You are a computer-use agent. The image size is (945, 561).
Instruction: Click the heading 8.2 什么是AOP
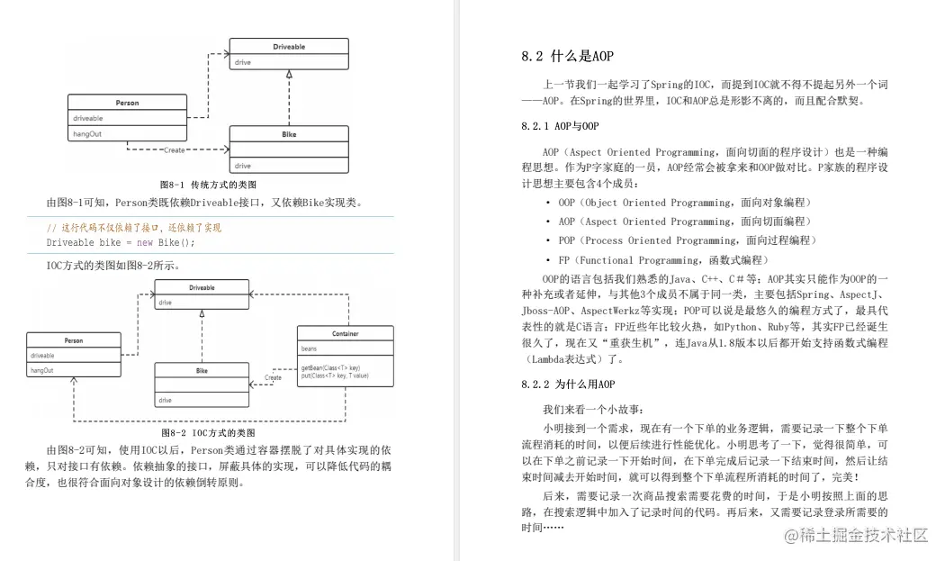pyautogui.click(x=567, y=57)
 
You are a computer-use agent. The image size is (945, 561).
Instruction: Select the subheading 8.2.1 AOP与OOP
pyautogui.click(x=559, y=126)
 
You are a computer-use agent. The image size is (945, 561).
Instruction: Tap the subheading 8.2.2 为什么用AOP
pyautogui.click(x=568, y=385)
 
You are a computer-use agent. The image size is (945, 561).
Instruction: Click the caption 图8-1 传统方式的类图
pyautogui.click(x=208, y=184)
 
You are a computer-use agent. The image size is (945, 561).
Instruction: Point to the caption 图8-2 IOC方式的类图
pyautogui.click(x=208, y=432)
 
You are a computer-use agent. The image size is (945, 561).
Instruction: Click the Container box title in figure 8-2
pyautogui.click(x=345, y=333)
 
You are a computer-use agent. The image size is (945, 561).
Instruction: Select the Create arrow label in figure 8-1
pyautogui.click(x=174, y=150)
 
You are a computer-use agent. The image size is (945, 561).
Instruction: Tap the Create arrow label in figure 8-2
pyautogui.click(x=273, y=377)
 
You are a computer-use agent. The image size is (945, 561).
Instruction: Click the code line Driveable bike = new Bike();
pyautogui.click(x=121, y=242)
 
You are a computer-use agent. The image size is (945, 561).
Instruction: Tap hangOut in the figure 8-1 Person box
pyautogui.click(x=87, y=133)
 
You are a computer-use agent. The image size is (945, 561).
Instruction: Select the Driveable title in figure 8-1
pyautogui.click(x=289, y=45)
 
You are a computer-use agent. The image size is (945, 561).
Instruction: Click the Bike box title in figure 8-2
pyautogui.click(x=202, y=370)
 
